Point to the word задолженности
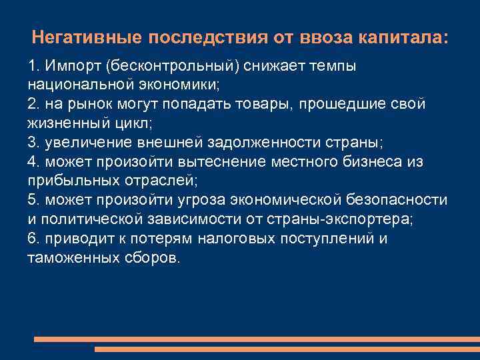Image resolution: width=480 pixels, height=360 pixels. click(x=292, y=143)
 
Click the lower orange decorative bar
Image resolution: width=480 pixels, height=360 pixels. click(x=287, y=349)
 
